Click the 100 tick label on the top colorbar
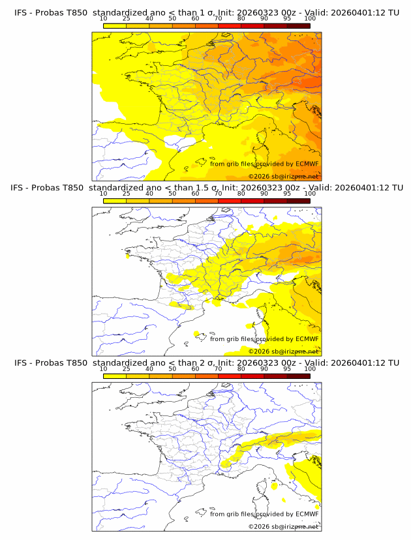pos(310,19)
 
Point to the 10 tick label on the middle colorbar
pos(103,194)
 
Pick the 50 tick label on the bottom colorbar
pos(172,369)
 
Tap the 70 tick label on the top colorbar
pos(218,19)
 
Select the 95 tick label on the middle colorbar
pos(287,194)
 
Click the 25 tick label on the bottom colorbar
pos(126,369)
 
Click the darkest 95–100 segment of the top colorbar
pos(298,25)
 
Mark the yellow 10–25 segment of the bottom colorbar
pos(115,376)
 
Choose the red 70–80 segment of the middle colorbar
pos(230,201)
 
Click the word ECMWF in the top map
pos(307,164)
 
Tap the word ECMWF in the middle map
pos(307,338)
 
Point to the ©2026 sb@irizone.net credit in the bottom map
pos(283,526)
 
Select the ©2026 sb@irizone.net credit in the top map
pos(283,176)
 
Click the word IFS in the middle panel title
pos(20,188)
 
